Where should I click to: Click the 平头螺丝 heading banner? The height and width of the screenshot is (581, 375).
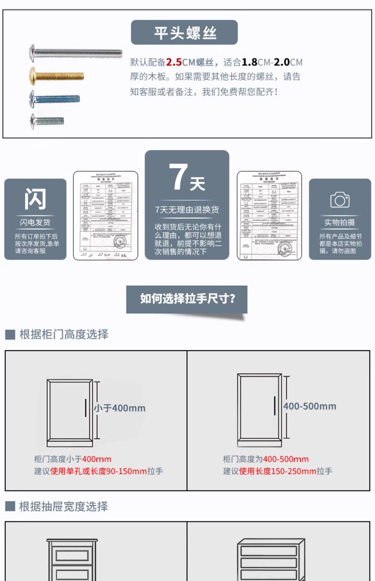coord(184,33)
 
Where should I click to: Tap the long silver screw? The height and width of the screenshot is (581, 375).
coord(75,53)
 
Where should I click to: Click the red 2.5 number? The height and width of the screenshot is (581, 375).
coord(174,62)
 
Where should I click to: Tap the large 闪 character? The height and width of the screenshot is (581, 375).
coord(35,199)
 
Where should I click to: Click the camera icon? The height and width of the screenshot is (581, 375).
coord(340,200)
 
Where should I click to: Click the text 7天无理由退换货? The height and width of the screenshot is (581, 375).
coord(187,210)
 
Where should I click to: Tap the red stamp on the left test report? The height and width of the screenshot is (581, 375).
coord(120,242)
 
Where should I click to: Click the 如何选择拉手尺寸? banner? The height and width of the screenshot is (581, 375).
coord(187,299)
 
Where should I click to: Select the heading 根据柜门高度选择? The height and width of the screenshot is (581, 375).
coord(64,335)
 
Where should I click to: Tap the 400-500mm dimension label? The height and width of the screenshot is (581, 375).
coord(310,406)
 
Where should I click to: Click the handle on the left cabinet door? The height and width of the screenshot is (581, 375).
coord(85,408)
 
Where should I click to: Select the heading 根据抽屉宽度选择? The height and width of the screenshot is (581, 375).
coord(63,507)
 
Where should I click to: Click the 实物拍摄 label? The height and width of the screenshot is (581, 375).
coord(340,222)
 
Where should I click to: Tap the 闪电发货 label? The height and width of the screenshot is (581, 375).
coord(35,222)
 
